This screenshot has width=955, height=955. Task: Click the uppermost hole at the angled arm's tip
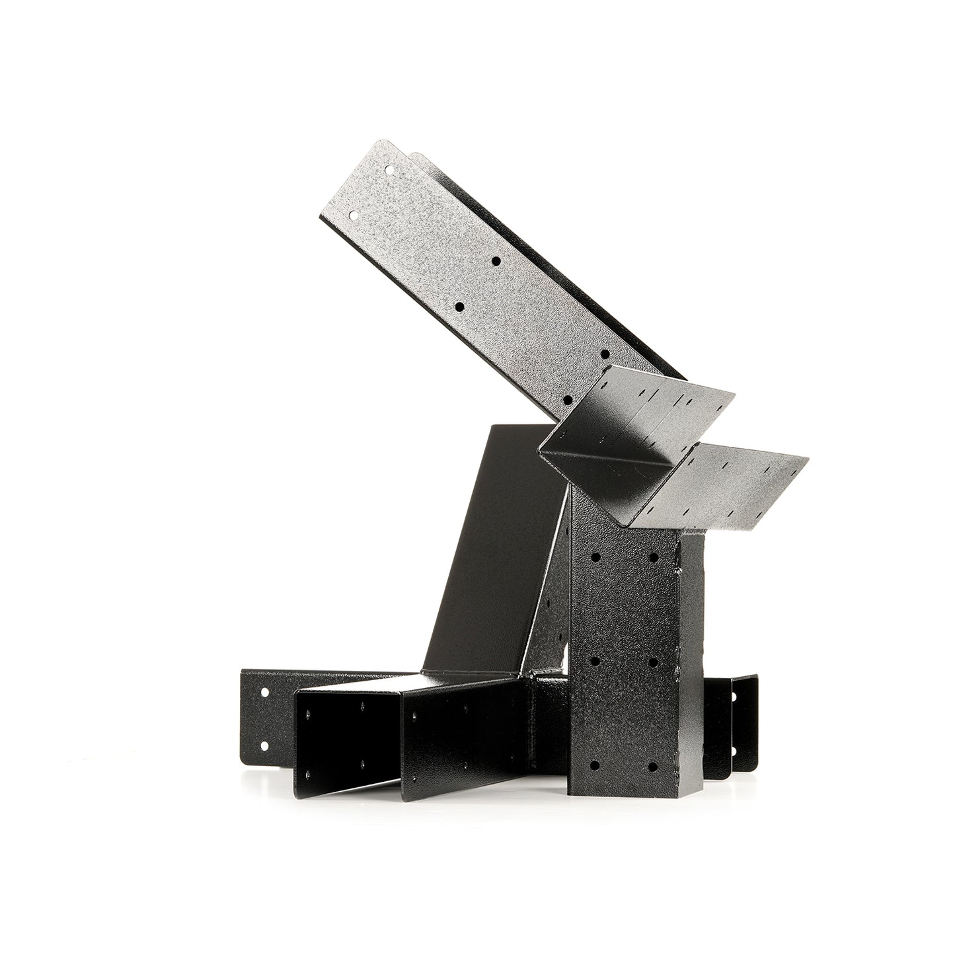(x=390, y=170)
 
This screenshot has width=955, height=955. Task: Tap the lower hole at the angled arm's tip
(x=355, y=215)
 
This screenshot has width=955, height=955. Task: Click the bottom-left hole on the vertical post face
(x=595, y=765)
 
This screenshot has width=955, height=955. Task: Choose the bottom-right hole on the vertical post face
(x=653, y=767)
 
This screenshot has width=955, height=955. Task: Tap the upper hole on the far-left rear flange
(x=264, y=693)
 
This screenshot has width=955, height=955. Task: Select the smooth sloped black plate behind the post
(x=489, y=562)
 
